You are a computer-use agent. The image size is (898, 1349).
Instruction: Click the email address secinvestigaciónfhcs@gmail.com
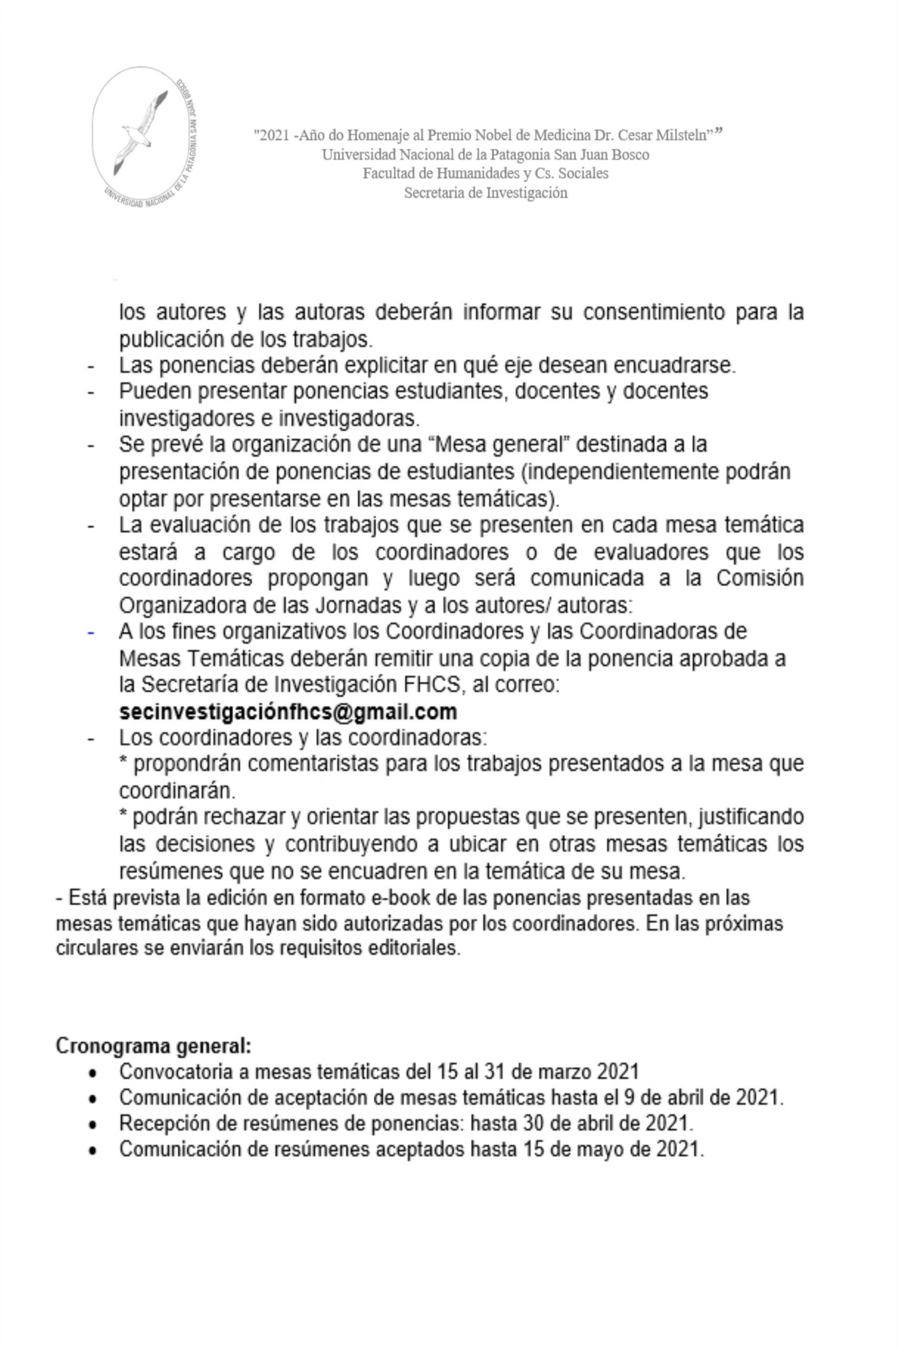288,712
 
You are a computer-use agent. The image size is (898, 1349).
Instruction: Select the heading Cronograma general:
153,1046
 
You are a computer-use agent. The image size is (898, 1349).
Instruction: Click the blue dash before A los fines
91,632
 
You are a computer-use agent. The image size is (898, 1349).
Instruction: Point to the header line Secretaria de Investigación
486,193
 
